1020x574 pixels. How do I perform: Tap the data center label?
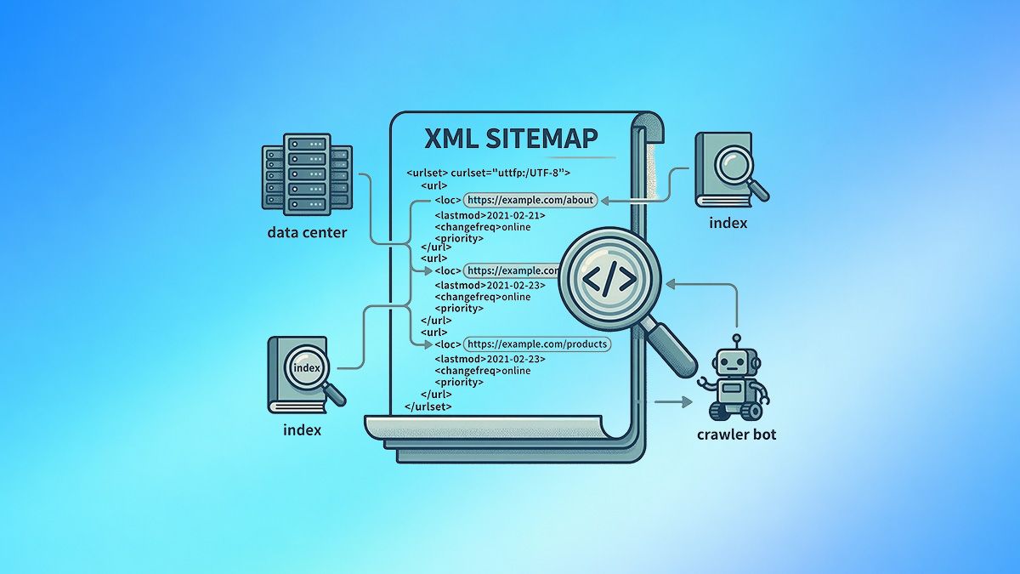[x=307, y=232]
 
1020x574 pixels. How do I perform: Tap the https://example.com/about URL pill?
[x=530, y=200]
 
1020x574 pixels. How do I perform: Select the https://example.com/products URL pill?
[x=536, y=344]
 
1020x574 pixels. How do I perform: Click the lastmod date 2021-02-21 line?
[x=490, y=215]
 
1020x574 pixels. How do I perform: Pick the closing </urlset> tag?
[x=428, y=406]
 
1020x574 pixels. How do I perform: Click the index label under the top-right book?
[x=728, y=223]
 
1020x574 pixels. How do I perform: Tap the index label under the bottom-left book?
[x=302, y=430]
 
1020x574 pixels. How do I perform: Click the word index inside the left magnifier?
[x=306, y=367]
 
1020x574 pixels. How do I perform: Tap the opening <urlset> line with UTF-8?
[x=487, y=172]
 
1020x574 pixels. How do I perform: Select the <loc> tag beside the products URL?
[x=447, y=344]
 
